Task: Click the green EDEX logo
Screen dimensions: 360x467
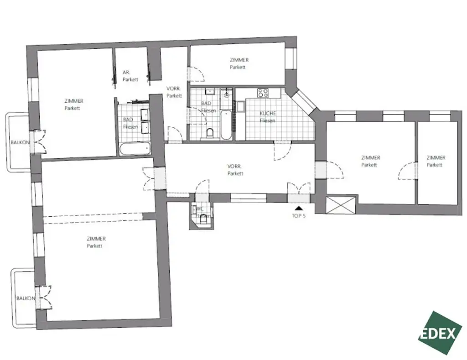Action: click(x=440, y=333)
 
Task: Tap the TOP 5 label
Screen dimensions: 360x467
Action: click(x=299, y=216)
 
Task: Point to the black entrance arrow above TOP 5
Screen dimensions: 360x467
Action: click(x=299, y=208)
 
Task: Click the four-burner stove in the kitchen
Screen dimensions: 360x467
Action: click(x=263, y=93)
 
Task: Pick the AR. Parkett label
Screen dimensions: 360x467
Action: click(x=130, y=76)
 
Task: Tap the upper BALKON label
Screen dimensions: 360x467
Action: click(x=20, y=142)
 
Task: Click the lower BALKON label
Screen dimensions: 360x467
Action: click(x=26, y=298)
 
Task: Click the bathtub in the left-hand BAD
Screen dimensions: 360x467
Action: click(x=135, y=148)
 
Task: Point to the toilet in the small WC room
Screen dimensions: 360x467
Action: click(x=202, y=221)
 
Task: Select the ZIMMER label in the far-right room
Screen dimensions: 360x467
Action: click(x=436, y=161)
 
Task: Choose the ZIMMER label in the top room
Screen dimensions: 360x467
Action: click(x=239, y=63)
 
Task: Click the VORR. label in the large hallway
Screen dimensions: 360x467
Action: click(x=235, y=170)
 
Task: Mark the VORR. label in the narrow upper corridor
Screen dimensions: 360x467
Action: click(x=174, y=92)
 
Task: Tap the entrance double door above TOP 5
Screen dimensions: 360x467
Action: click(x=299, y=189)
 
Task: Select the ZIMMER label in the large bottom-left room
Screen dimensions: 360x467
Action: click(x=96, y=242)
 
